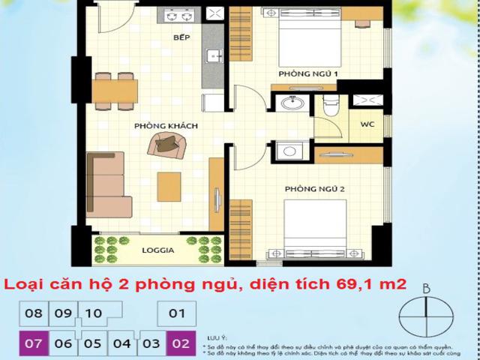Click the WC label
pos(367,124)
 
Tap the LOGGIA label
pos(158,250)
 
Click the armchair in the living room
pos(165,142)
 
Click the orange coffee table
pos(169,187)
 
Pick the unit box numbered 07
pos(33,343)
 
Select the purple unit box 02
pos(180,343)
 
